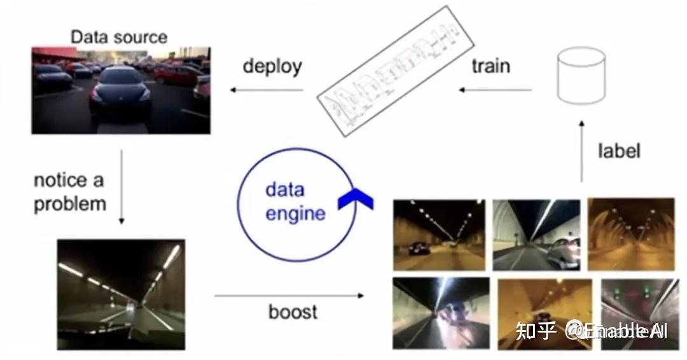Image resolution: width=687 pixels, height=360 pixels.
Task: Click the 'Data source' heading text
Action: click(x=119, y=37)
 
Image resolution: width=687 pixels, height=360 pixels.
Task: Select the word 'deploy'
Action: click(x=272, y=66)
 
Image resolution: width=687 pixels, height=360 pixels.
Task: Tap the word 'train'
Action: click(x=490, y=66)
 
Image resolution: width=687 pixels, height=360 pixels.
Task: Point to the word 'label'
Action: click(x=618, y=151)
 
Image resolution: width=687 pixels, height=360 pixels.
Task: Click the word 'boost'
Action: click(x=293, y=312)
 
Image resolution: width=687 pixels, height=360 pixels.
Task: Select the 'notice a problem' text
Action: click(x=69, y=192)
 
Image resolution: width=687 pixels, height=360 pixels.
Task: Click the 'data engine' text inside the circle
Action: click(x=295, y=201)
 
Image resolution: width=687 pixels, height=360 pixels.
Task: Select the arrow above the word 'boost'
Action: click(x=289, y=295)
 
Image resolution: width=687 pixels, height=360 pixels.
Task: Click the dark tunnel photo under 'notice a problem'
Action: click(x=121, y=294)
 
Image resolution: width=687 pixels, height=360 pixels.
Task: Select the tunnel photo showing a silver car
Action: click(x=536, y=235)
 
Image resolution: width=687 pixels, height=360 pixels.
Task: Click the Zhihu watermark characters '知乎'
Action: click(x=536, y=331)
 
